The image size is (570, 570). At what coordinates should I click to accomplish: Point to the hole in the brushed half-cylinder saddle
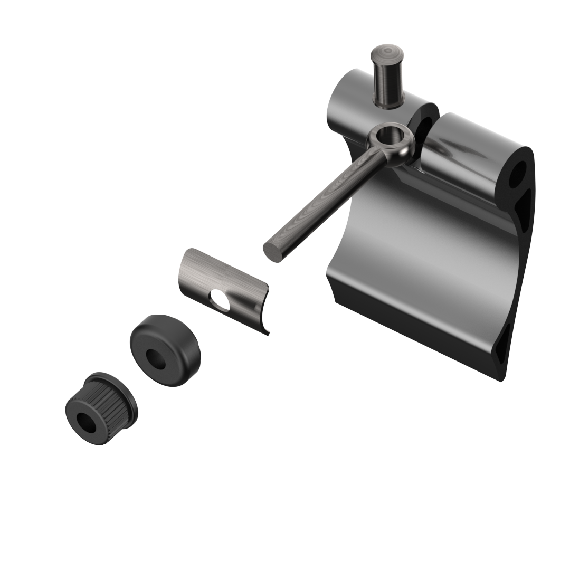click(220, 300)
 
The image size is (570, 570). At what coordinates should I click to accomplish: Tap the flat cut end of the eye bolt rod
click(273, 252)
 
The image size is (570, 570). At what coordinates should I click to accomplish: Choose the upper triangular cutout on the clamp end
click(526, 208)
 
